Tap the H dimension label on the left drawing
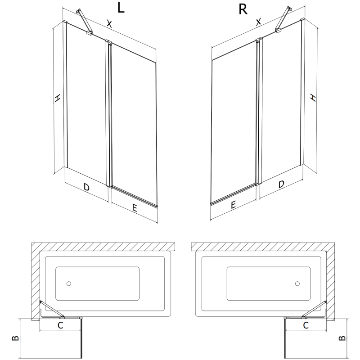[x=57, y=99]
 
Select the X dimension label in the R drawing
[x=258, y=22]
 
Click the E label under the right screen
[x=233, y=205]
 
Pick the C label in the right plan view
[x=306, y=324]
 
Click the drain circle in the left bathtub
[x=68, y=284]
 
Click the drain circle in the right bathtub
[x=297, y=284]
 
